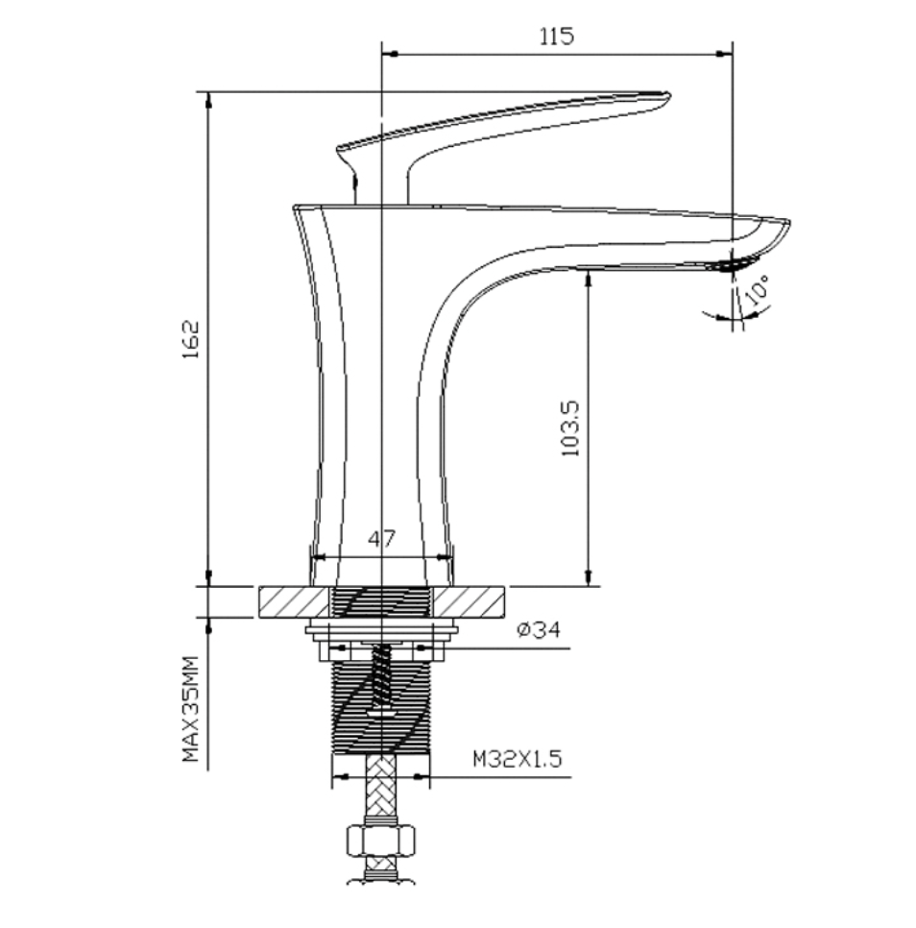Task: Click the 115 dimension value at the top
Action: pos(557,37)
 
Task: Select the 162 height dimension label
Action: pos(191,340)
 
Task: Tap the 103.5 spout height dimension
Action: pos(570,428)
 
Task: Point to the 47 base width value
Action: pos(381,539)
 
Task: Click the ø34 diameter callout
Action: pos(538,629)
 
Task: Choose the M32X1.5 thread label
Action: pos(517,758)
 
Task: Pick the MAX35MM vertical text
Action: pos(191,708)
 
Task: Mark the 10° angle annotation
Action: pos(758,290)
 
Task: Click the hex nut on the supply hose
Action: pos(381,841)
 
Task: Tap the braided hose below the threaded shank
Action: pos(381,786)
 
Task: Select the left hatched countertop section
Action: pos(294,602)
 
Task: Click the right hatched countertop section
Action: pos(470,602)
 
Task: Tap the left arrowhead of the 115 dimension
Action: pos(390,54)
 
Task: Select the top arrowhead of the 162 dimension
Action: pos(208,101)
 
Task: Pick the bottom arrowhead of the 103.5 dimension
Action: pos(589,577)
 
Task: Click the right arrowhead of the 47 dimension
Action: pos(445,557)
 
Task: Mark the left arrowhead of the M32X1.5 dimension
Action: pos(341,776)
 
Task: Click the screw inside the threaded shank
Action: pos(381,679)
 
